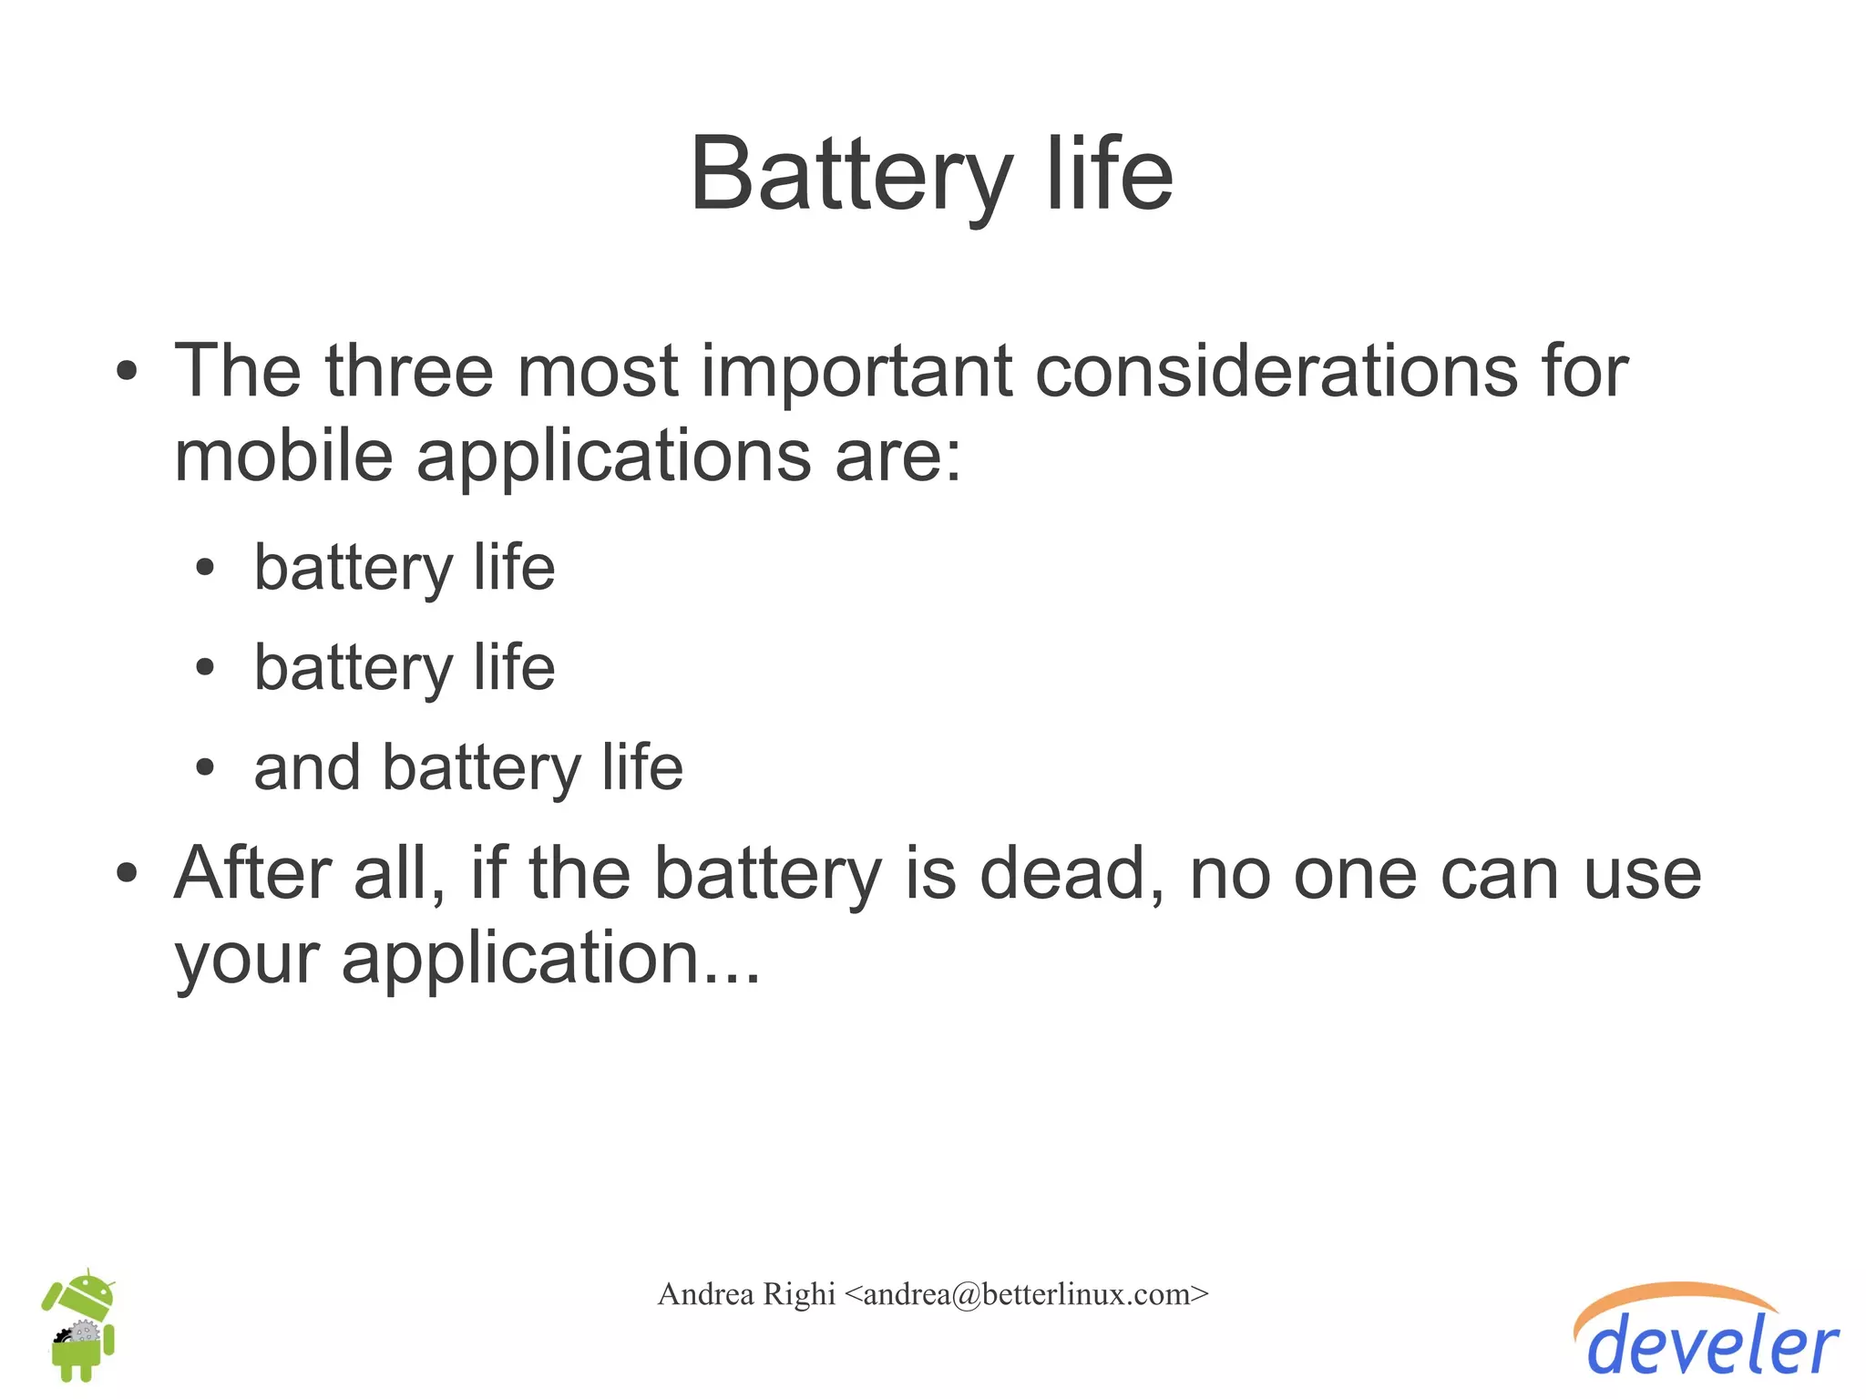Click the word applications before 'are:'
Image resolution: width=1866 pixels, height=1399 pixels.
pyautogui.click(x=613, y=457)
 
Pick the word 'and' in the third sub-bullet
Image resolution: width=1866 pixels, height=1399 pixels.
pyautogui.click(x=306, y=767)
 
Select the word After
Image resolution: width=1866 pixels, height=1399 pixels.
pyautogui.click(x=251, y=872)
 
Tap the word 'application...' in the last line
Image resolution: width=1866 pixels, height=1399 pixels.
pyautogui.click(x=550, y=959)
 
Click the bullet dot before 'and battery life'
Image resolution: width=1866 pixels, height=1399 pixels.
pyautogui.click(x=205, y=767)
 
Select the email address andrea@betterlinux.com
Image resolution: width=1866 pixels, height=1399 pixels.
pyautogui.click(x=1026, y=1294)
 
